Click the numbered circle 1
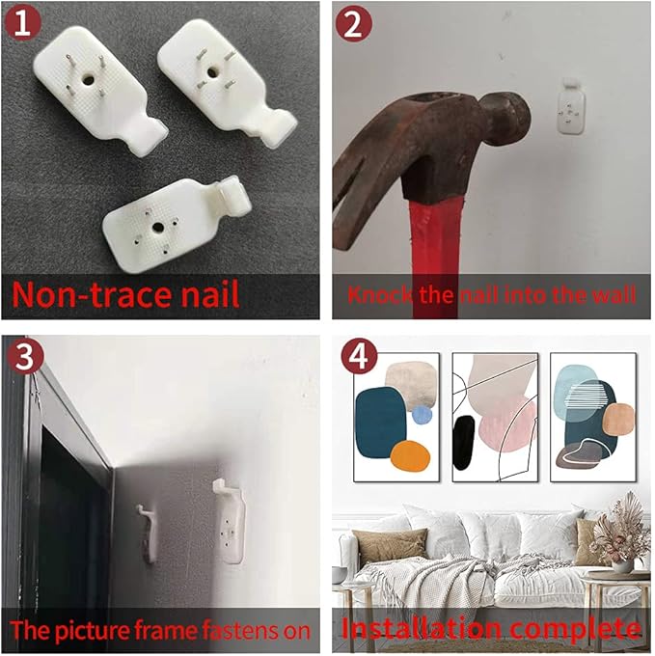(22, 22)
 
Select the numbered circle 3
(25, 356)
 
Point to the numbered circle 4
(359, 358)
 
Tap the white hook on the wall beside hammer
(572, 106)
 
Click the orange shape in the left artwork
(410, 455)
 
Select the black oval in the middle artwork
(464, 443)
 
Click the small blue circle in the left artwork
(422, 415)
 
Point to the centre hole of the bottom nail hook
(158, 228)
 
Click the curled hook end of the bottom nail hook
(233, 194)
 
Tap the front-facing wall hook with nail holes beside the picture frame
(230, 522)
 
